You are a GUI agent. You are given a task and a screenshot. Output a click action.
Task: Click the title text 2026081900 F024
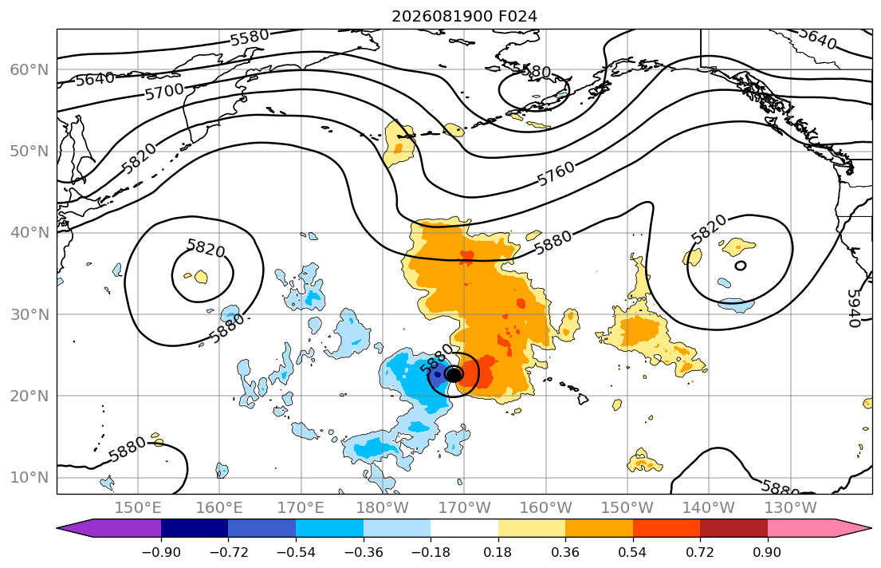click(464, 16)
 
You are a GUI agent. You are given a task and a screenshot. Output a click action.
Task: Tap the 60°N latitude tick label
click(29, 69)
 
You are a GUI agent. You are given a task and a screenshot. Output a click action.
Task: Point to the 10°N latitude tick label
click(29, 478)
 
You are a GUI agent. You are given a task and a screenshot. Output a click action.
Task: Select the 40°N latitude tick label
click(29, 233)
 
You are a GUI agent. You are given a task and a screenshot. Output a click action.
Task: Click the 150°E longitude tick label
click(138, 508)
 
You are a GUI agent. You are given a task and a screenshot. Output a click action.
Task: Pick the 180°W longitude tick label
click(383, 508)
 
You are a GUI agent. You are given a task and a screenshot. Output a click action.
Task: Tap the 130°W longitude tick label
click(791, 508)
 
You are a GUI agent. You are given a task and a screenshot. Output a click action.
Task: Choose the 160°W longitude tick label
click(546, 508)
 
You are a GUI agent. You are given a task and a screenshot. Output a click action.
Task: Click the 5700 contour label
click(164, 91)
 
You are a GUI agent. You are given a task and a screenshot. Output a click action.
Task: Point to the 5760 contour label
click(556, 173)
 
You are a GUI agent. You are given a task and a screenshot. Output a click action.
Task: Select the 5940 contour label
click(853, 308)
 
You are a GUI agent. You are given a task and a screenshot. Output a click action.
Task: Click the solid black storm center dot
click(454, 374)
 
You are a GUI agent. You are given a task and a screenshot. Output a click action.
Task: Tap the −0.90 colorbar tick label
click(161, 552)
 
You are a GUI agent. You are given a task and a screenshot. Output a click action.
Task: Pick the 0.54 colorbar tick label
click(633, 552)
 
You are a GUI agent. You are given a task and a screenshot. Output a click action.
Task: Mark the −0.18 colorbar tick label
click(431, 552)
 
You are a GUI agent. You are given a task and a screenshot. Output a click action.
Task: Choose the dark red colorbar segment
click(734, 528)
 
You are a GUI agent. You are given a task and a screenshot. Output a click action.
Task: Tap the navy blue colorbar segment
click(195, 528)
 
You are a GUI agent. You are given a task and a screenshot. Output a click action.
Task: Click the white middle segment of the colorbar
click(464, 528)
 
